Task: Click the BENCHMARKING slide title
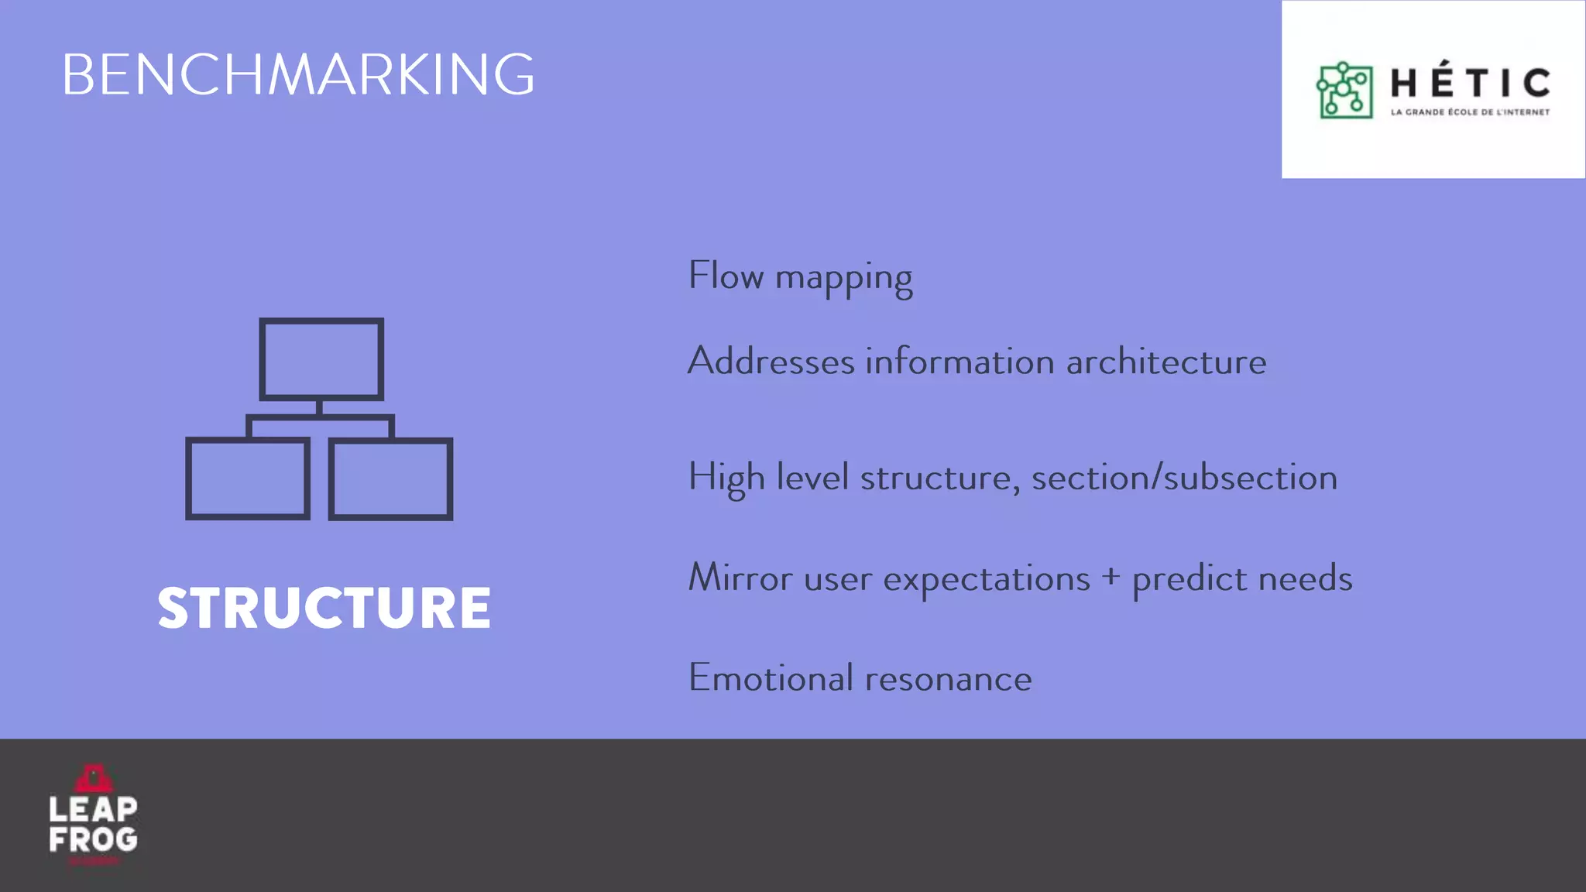[298, 75]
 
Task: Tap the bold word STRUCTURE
[324, 608]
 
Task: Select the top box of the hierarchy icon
[321, 359]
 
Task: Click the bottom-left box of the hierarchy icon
[248, 479]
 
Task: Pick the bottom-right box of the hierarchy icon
[391, 479]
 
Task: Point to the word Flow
[726, 276]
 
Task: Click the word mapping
[843, 279]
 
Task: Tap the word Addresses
[771, 362]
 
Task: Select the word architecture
[1166, 362]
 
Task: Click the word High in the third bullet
[726, 478]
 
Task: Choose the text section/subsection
[1184, 478]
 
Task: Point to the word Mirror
[740, 578]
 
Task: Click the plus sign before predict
[1111, 577]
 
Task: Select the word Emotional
[771, 678]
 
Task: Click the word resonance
[949, 679]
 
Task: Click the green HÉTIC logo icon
[1344, 91]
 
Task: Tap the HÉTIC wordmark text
[1470, 83]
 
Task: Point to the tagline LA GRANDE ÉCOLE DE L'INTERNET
[1470, 112]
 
